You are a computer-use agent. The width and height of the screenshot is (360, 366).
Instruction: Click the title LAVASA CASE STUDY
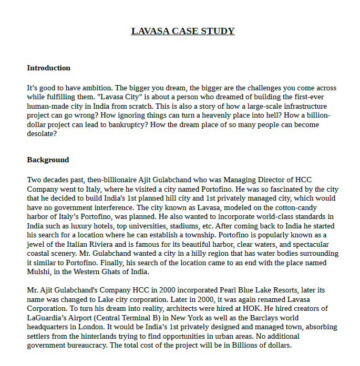pyautogui.click(x=183, y=31)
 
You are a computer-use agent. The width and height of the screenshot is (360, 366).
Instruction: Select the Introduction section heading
pyautogui.click(x=48, y=68)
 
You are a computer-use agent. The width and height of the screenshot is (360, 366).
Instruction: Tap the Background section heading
pyautogui.click(x=48, y=160)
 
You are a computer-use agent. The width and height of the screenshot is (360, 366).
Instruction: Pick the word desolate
pyautogui.click(x=42, y=134)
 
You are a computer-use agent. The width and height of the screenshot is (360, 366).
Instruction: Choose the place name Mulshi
pyautogui.click(x=39, y=272)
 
